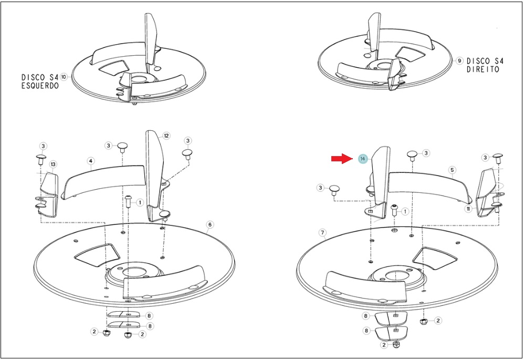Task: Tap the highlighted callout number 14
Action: pyautogui.click(x=363, y=159)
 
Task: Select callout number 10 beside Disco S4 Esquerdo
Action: pyautogui.click(x=64, y=77)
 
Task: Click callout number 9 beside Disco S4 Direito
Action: pyautogui.click(x=459, y=60)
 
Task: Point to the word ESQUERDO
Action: pyautogui.click(x=40, y=86)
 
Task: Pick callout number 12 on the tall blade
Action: pyautogui.click(x=166, y=136)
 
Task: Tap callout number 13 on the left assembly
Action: pyautogui.click(x=53, y=164)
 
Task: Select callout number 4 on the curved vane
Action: pyautogui.click(x=90, y=161)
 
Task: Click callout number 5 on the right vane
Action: pyautogui.click(x=452, y=170)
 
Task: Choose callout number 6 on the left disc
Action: pyautogui.click(x=209, y=224)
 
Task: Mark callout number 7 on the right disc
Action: pyautogui.click(x=322, y=232)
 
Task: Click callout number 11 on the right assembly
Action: pyautogui.click(x=468, y=209)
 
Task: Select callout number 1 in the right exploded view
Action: pyautogui.click(x=405, y=211)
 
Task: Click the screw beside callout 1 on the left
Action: pyautogui.click(x=129, y=201)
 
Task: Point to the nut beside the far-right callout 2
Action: pyautogui.click(x=424, y=322)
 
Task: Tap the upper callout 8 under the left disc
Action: pyautogui.click(x=150, y=315)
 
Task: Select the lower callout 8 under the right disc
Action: pyautogui.click(x=366, y=331)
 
